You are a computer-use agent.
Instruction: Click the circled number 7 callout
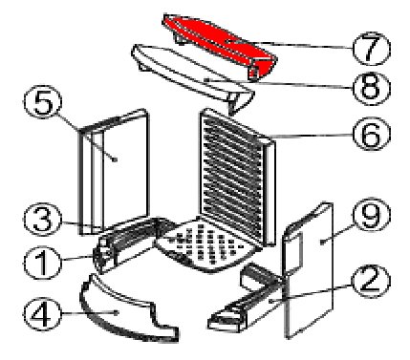point(371,49)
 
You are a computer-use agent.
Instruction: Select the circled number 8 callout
point(371,87)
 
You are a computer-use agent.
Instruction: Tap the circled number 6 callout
point(371,135)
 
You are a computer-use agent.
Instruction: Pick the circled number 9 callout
point(371,216)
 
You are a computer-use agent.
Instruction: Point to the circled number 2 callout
point(371,281)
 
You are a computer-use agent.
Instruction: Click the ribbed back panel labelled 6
point(236,175)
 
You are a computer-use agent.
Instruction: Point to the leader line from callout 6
point(312,136)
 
